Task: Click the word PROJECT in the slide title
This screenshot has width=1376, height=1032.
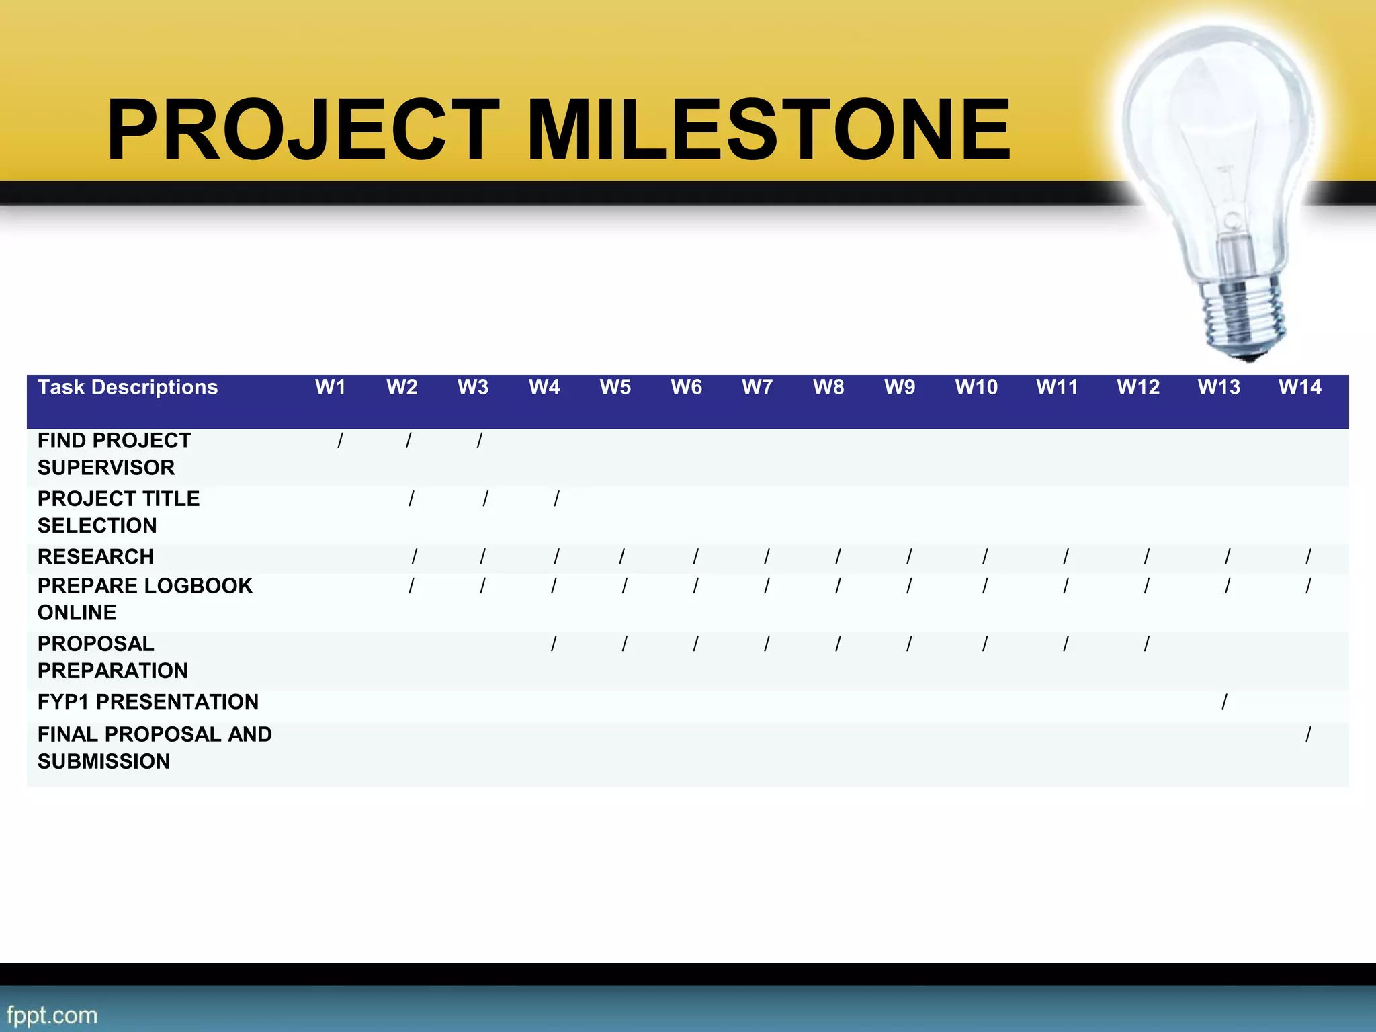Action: (x=302, y=130)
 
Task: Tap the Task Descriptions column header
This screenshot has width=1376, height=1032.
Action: (x=128, y=387)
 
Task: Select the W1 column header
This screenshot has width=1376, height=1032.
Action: (x=330, y=387)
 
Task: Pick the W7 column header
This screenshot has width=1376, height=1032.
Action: (x=757, y=387)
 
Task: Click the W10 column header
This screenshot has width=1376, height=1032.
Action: (x=976, y=387)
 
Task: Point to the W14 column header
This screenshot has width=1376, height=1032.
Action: (x=1299, y=387)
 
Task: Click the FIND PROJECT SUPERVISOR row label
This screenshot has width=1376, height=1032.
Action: (x=114, y=454)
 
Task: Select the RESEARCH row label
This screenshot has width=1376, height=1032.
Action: (x=95, y=556)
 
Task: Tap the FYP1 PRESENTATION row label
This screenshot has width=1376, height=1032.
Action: (x=148, y=701)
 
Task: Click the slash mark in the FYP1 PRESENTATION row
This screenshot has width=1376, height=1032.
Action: (x=1224, y=702)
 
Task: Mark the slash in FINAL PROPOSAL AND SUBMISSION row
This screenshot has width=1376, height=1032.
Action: (x=1307, y=734)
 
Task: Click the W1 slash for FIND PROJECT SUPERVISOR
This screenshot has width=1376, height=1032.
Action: (x=340, y=441)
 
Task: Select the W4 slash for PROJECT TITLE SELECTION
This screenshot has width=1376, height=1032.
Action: (x=556, y=499)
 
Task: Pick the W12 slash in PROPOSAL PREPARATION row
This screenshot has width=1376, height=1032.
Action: (x=1146, y=644)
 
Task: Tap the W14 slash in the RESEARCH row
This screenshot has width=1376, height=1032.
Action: (x=1307, y=556)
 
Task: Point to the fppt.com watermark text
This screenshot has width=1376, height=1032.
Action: (x=52, y=1015)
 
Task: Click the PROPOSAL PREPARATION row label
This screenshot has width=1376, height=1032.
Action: (x=112, y=656)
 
